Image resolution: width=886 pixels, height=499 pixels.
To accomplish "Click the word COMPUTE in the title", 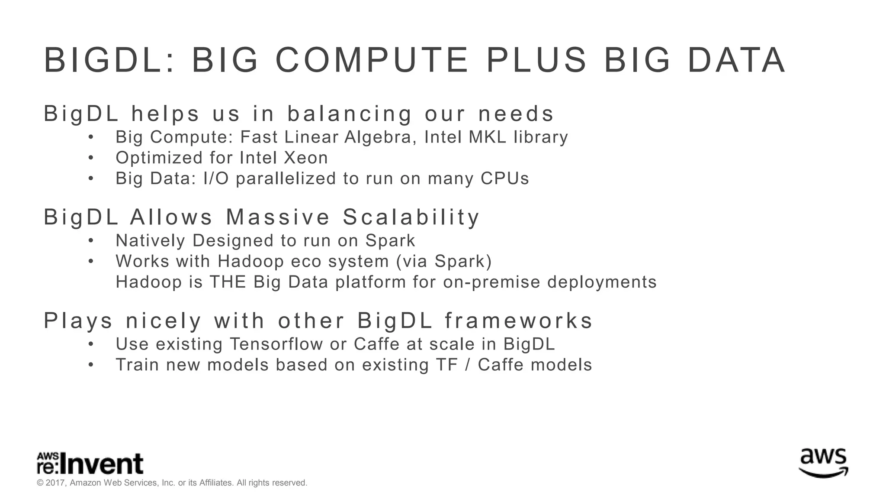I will point(372,60).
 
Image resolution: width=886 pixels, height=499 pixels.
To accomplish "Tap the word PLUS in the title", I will point(536,60).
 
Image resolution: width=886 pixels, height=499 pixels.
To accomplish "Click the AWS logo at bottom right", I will point(823,463).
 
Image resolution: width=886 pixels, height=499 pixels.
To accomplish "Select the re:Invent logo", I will point(90,464).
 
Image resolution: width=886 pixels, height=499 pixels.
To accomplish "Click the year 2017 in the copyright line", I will point(55,483).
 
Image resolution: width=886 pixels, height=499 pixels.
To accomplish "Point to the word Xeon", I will point(306,158).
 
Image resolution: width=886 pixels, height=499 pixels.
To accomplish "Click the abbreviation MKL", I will point(488,137).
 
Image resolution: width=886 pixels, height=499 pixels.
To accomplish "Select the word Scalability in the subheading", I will point(411,217).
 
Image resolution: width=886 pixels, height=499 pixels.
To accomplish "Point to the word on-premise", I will point(491,282).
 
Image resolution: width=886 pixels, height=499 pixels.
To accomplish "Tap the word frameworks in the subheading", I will point(519,321).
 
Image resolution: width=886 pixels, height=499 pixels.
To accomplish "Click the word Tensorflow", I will point(276,344).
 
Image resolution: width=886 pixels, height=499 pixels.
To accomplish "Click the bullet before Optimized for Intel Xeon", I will point(91,158).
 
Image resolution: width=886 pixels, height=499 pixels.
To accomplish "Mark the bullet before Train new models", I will point(91,365).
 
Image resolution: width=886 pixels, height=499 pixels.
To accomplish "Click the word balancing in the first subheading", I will point(350,114).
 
